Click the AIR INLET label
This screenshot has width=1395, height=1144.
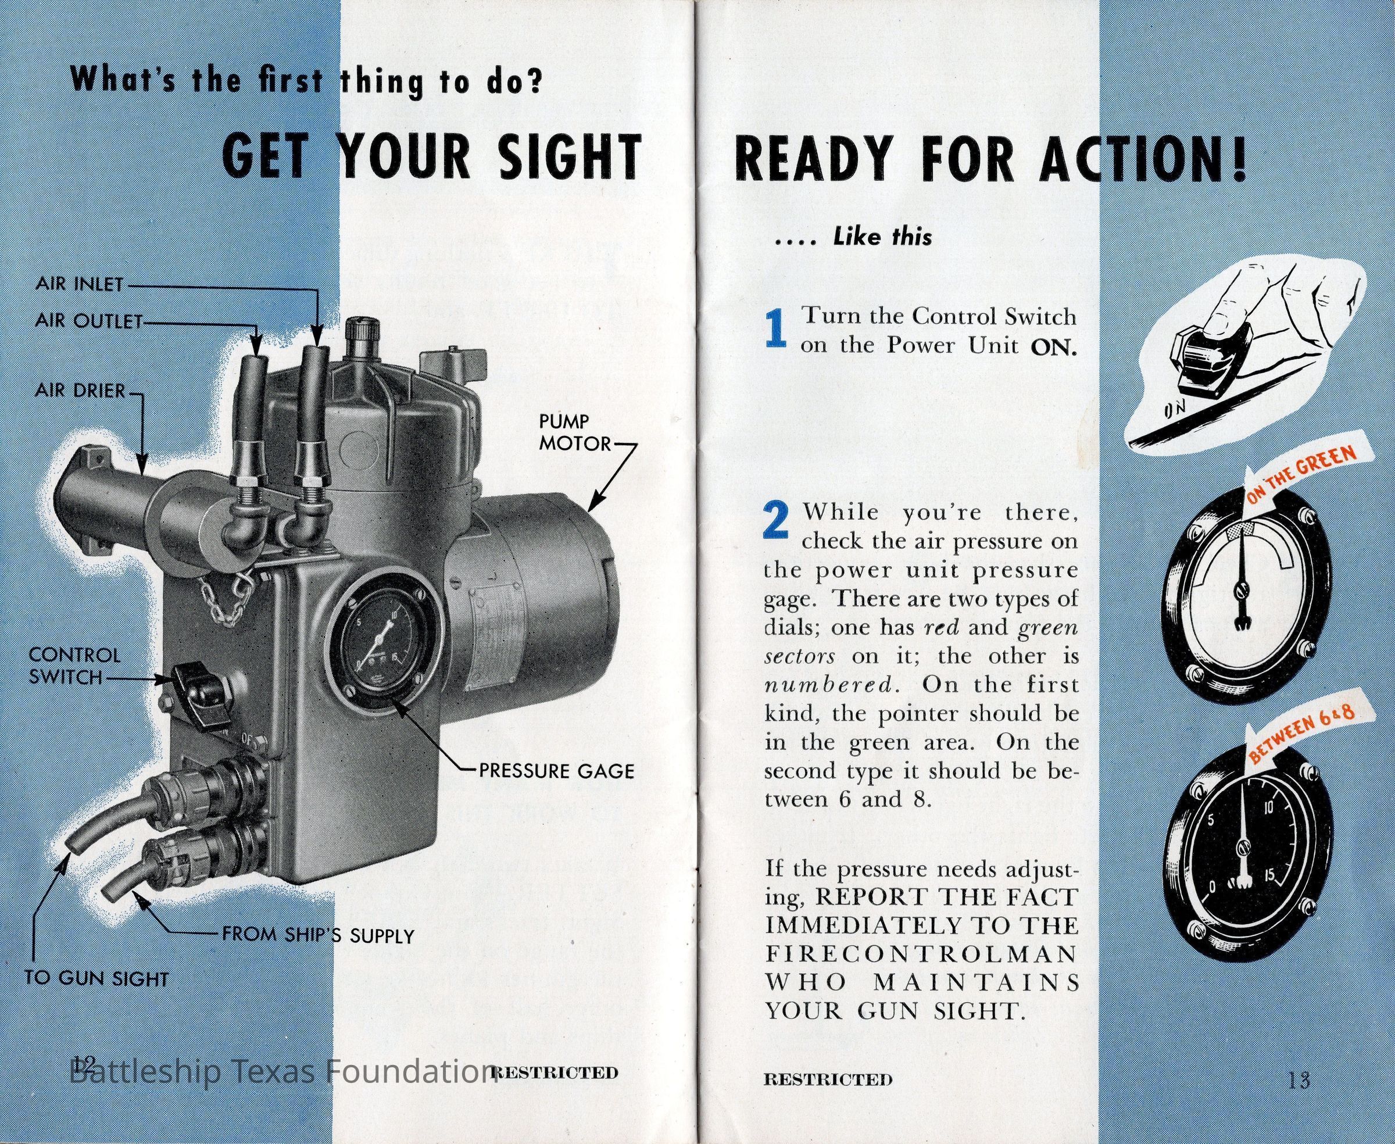80,284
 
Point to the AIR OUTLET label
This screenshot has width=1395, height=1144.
89,321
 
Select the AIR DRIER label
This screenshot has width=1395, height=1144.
80,391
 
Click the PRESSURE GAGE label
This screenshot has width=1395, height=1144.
557,770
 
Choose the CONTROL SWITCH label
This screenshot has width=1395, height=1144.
74,666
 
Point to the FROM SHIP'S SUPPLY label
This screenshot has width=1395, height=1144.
317,935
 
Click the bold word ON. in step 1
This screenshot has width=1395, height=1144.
1054,346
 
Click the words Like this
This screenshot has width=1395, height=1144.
882,237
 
